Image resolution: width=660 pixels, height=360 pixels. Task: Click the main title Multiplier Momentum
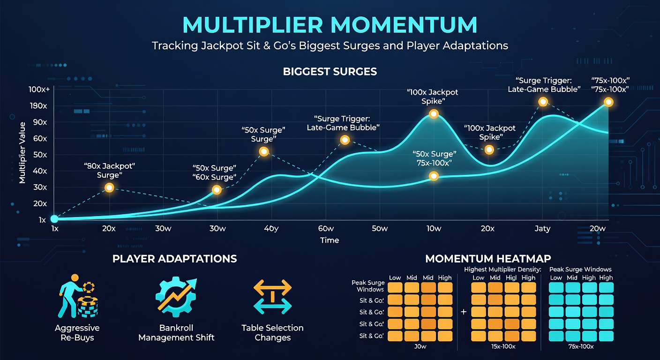tap(330, 25)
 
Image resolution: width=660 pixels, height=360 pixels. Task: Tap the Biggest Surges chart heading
tap(330, 72)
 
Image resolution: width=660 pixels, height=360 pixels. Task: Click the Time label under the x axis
tap(329, 240)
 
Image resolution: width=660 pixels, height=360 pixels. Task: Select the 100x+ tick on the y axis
tap(38, 90)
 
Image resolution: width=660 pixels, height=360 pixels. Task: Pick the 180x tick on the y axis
tap(38, 106)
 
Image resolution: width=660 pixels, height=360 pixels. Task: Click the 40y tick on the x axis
tap(271, 229)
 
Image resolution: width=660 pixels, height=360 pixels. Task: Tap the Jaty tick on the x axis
tap(542, 229)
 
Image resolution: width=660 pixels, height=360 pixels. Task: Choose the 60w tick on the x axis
tap(325, 229)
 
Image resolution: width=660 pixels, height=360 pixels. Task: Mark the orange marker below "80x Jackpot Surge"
tap(109, 187)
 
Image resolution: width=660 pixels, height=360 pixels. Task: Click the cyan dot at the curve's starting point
tap(54, 219)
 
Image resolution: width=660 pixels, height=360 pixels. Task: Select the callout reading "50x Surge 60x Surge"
tap(214, 172)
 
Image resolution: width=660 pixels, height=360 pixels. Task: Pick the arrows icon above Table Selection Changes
tap(272, 297)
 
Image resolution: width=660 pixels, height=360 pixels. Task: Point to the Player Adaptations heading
tap(174, 259)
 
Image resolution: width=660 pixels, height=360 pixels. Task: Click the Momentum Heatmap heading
tap(487, 259)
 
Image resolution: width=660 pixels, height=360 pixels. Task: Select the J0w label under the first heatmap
tap(420, 346)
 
